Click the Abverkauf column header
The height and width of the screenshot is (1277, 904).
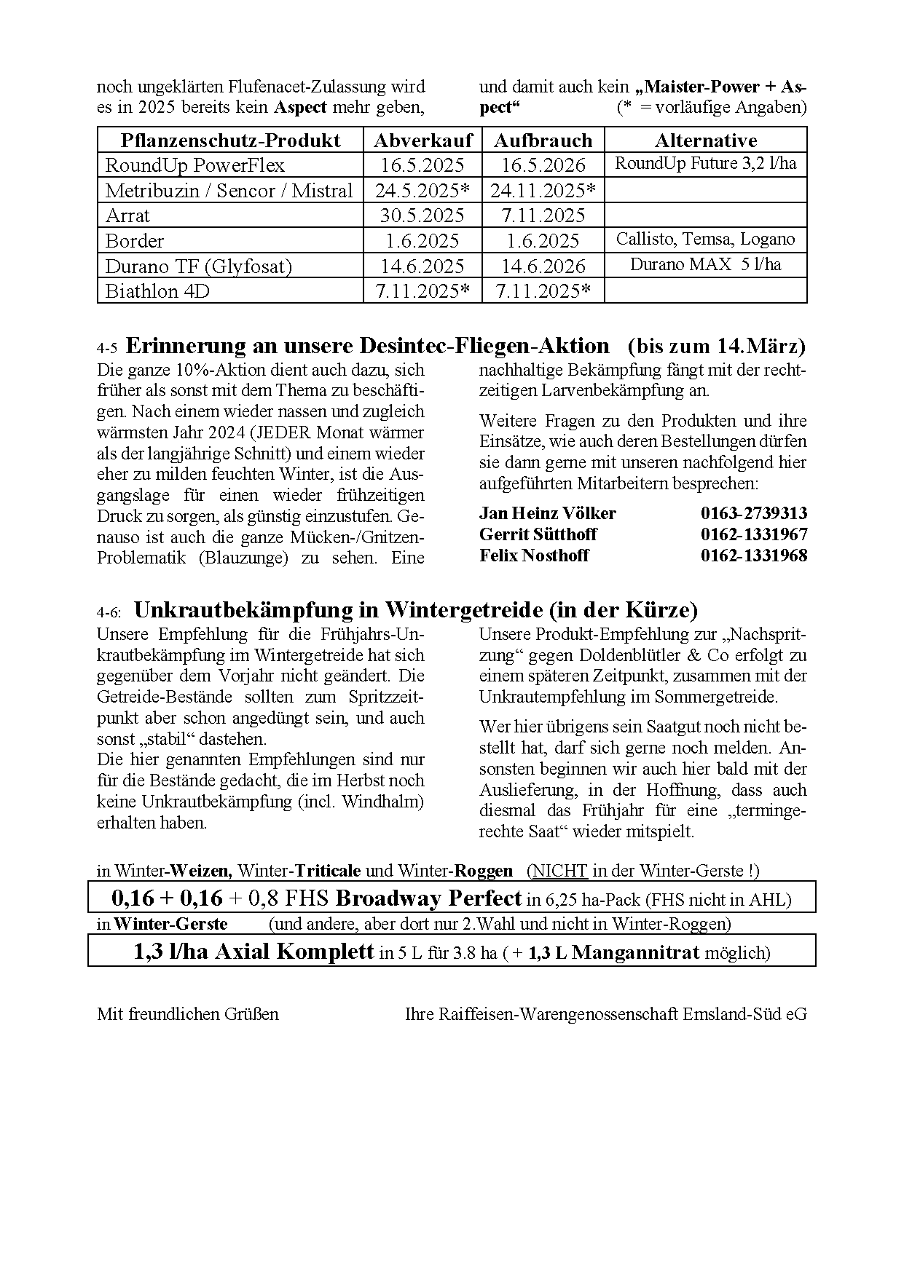click(x=422, y=141)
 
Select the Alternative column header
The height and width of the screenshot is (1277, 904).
click(x=705, y=141)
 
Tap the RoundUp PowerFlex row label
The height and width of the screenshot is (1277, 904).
click(x=194, y=165)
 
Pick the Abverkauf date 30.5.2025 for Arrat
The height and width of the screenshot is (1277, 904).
click(x=422, y=216)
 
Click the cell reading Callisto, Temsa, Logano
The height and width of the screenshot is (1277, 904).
click(x=705, y=240)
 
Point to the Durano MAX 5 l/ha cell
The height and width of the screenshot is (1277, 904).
click(x=705, y=264)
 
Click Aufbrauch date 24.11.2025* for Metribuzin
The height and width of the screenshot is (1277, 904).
click(x=543, y=191)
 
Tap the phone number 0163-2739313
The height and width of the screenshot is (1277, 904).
click(x=754, y=513)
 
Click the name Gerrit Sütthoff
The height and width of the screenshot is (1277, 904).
click(x=538, y=534)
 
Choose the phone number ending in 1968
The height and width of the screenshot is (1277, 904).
click(x=754, y=556)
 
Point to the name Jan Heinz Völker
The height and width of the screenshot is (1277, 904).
click(x=547, y=513)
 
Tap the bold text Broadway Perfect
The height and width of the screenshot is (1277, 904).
click(x=428, y=898)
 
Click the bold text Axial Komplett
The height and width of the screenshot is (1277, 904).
click(x=294, y=952)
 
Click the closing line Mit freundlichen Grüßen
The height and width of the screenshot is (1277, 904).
click(x=188, y=1014)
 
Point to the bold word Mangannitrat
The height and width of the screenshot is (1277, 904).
click(x=635, y=952)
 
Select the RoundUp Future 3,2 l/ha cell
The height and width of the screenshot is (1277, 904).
click(x=705, y=163)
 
